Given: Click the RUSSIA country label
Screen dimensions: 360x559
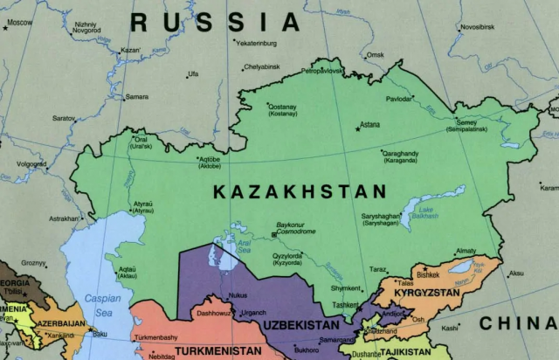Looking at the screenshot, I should [215, 20].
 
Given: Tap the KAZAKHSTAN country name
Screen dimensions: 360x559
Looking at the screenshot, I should [300, 192].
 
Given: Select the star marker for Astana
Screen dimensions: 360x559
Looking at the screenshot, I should [357, 128].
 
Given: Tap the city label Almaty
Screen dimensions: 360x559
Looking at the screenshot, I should [466, 251].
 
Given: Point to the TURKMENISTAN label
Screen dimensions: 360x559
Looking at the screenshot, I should [217, 351].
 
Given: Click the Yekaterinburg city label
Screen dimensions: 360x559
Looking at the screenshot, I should [257, 42].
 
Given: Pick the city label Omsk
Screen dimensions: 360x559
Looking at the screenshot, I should [375, 55].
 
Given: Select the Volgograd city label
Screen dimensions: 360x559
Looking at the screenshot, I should [31, 163].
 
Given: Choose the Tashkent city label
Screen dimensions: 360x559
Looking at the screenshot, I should [344, 304].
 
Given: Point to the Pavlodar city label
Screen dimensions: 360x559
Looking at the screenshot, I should [398, 99].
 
